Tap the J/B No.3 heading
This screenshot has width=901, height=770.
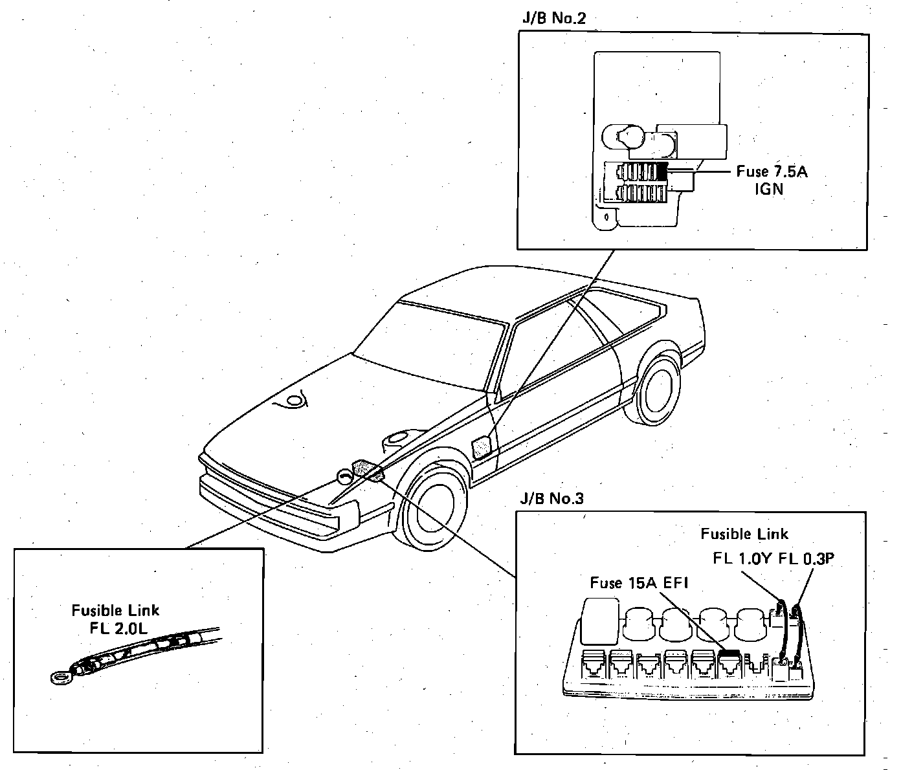(551, 498)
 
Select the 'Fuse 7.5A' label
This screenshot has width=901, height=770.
(772, 172)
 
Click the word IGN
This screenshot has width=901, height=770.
(768, 189)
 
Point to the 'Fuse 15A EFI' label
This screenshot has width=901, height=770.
(639, 583)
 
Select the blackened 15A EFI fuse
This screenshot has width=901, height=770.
(729, 655)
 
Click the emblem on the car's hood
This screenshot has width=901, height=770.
(294, 403)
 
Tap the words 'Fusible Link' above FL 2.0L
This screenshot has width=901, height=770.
(115, 610)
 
